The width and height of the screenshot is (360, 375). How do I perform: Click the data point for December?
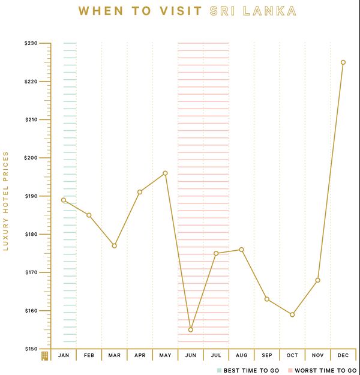(343, 62)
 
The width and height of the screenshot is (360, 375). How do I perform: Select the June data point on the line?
(191, 330)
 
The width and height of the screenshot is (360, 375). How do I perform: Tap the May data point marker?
(165, 173)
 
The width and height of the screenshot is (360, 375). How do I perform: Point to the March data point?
(115, 246)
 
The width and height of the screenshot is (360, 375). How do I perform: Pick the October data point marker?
(292, 315)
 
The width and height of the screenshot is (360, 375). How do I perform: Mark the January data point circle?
(64, 200)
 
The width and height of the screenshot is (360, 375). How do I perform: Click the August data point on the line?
(242, 250)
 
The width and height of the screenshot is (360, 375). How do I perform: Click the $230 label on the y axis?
(31, 43)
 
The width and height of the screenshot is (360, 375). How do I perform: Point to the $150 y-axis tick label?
(31, 349)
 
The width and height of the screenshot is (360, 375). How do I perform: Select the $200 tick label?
(31, 158)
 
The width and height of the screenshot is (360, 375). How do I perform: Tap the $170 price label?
(31, 272)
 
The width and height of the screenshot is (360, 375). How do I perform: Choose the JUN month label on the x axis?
(191, 355)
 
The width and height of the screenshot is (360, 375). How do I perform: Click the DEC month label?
(343, 355)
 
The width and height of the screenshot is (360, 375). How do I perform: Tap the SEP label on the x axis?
(267, 355)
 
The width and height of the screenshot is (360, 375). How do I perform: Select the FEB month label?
(89, 355)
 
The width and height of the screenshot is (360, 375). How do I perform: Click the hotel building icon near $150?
(45, 356)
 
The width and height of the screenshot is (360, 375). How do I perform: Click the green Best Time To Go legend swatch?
(219, 370)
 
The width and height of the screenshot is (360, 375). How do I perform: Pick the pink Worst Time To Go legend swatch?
(290, 370)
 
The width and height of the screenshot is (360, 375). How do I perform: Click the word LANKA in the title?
(269, 11)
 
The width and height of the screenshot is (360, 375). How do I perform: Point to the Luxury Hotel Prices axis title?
(5, 201)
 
